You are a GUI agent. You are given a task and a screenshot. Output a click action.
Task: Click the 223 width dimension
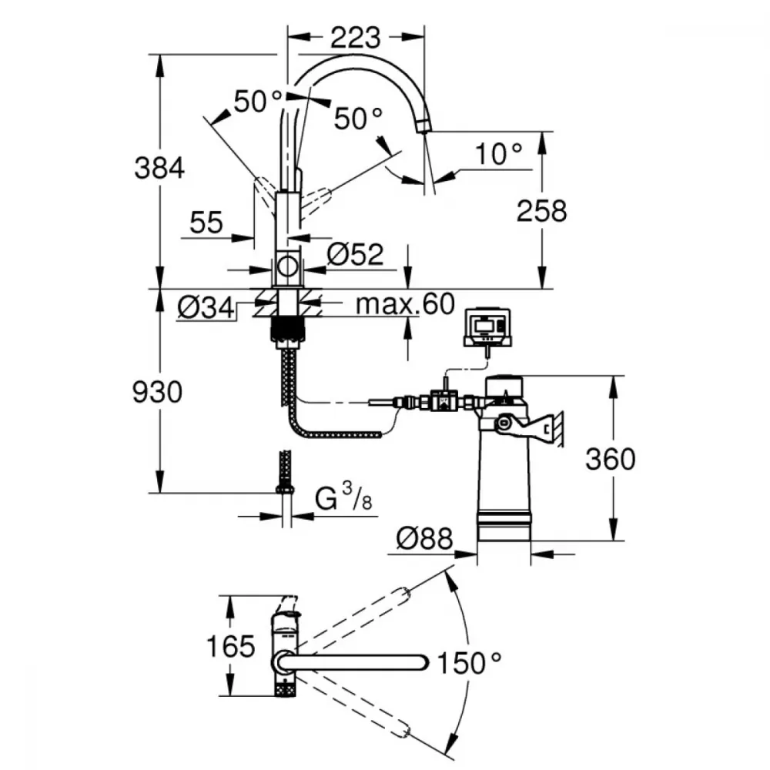click(x=355, y=38)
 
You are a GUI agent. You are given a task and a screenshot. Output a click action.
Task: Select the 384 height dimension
click(x=159, y=168)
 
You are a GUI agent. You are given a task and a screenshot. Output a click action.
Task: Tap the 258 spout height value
click(x=541, y=211)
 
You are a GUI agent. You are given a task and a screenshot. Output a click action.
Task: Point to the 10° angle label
click(x=498, y=154)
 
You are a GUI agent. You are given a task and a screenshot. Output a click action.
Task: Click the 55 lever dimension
click(x=206, y=223)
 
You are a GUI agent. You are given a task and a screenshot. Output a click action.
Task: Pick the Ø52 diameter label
click(x=355, y=254)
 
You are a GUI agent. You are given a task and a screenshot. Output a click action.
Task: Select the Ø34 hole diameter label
click(x=206, y=309)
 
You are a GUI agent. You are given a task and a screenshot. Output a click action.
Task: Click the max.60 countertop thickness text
click(x=405, y=304)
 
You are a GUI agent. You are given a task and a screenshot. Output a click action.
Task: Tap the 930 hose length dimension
click(x=157, y=392)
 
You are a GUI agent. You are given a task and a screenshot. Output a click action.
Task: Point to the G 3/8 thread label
click(x=343, y=497)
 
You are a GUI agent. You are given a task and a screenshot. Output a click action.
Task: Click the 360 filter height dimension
click(x=611, y=460)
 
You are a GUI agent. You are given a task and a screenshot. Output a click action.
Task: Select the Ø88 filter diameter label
click(x=424, y=539)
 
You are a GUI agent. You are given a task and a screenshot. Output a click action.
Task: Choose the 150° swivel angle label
click(x=469, y=664)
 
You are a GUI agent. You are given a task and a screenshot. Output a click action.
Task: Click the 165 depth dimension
click(x=230, y=646)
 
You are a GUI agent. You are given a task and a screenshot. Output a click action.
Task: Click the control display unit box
click(x=487, y=327)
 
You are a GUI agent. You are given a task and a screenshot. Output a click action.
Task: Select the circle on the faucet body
click(x=287, y=266)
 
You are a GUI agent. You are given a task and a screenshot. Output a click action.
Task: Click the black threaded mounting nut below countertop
click(x=287, y=331)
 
